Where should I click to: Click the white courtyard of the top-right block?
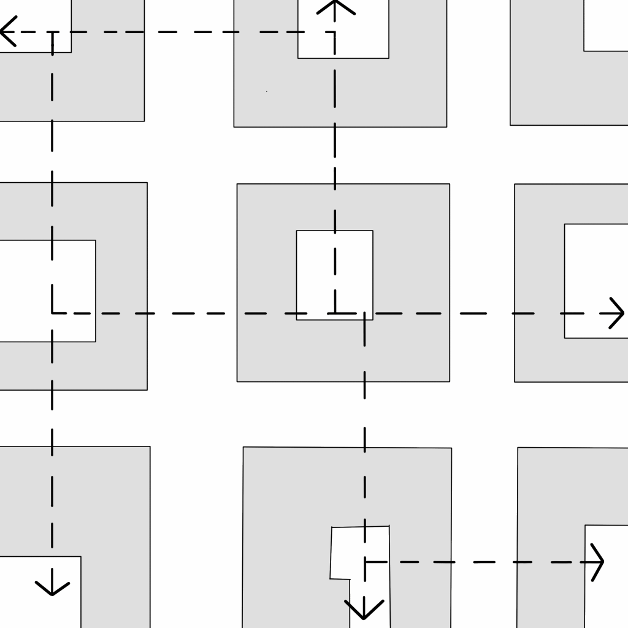[x=606, y=25]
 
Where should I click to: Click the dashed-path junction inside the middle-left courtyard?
[x=52, y=313]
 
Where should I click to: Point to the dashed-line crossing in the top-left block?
[x=52, y=32]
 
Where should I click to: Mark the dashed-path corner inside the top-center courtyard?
[x=335, y=32]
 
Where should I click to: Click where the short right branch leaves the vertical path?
[x=365, y=561]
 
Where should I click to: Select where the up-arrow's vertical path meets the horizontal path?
[x=335, y=313]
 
